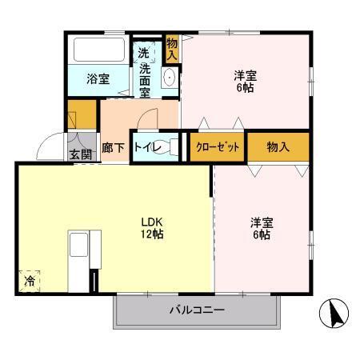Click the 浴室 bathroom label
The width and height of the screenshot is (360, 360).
[99, 78]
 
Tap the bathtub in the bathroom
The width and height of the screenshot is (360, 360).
[98, 50]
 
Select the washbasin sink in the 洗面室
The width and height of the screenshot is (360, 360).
[169, 77]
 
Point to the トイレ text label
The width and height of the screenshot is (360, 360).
[146, 148]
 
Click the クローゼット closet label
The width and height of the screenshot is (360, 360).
[217, 147]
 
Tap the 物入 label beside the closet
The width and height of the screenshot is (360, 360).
[278, 146]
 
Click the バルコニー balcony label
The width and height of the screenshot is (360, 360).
[196, 309]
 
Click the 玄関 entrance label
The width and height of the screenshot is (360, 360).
[79, 154]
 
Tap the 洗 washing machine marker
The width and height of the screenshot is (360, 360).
[144, 53]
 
